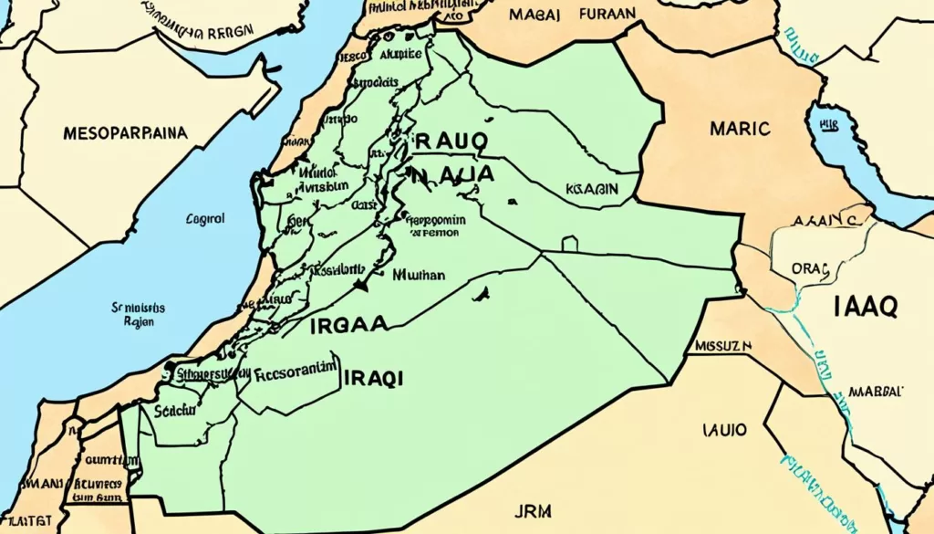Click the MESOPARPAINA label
click(126, 132)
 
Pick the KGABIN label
click(592, 188)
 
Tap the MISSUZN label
click(722, 347)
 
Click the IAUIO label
click(725, 427)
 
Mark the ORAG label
click(810, 268)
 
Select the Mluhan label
click(419, 274)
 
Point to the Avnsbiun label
click(318, 185)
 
